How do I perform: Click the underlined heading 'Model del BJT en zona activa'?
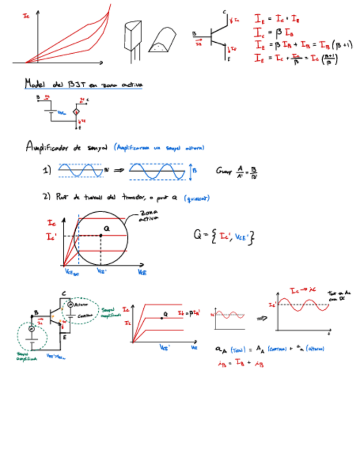click(82, 84)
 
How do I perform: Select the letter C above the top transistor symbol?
click(224, 12)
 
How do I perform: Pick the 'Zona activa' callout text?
click(149, 215)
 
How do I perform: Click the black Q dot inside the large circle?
click(101, 236)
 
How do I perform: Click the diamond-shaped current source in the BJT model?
click(77, 112)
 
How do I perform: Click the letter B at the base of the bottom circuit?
click(36, 312)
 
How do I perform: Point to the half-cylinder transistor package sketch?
click(162, 41)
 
